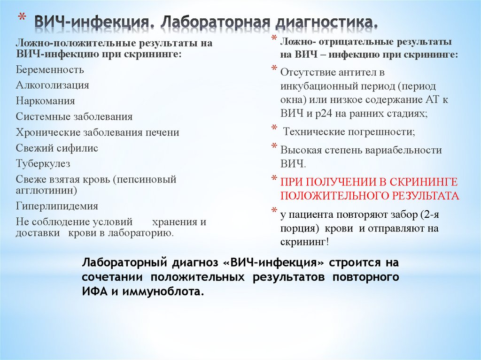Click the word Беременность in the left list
(50, 70)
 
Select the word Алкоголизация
(52, 85)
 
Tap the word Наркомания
(45, 101)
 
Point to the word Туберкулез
(43, 163)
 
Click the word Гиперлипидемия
(57, 206)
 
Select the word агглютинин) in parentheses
(46, 191)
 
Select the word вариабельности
(402, 150)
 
